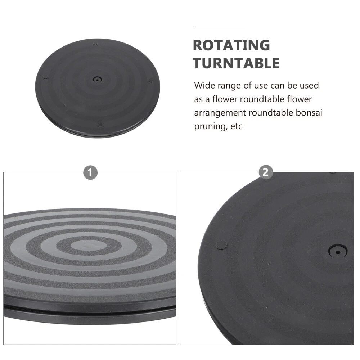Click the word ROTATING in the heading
pyautogui.click(x=231, y=45)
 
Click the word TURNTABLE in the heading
pyautogui.click(x=236, y=63)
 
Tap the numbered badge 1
pyautogui.click(x=90, y=172)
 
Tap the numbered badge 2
pyautogui.click(x=265, y=172)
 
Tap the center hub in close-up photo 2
pyautogui.click(x=338, y=252)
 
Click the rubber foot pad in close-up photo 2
pyautogui.click(x=222, y=245)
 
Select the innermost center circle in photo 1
pyautogui.click(x=86, y=245)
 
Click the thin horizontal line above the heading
pyautogui.click(x=219, y=27)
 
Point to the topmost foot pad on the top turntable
pyautogui.click(x=95, y=44)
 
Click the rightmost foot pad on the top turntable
pyautogui.click(x=150, y=80)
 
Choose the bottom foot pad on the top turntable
pyautogui.click(x=99, y=125)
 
